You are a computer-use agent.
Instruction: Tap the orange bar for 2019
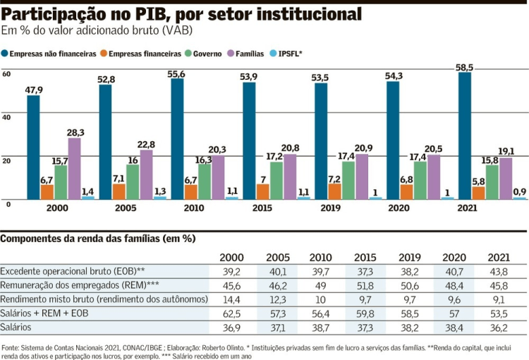tap(334, 191)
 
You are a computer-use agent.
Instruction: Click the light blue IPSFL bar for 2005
tap(160, 198)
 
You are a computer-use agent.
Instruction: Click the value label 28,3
tap(75, 133)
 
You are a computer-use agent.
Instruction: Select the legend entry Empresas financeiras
tap(141, 54)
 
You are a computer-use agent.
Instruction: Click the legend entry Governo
tap(207, 54)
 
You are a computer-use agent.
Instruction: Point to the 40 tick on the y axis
tap(6, 117)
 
